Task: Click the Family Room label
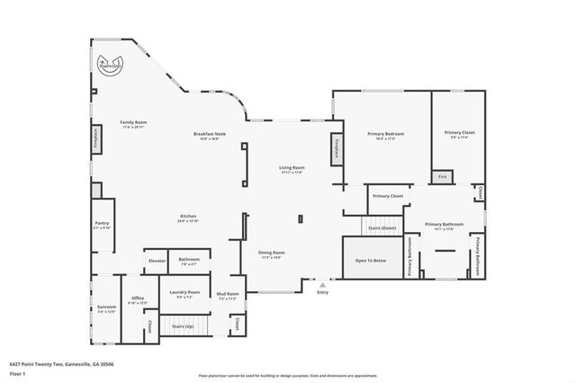pos(134,124)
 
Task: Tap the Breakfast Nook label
pos(210,136)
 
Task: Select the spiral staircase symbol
pos(110,66)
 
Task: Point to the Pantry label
pos(102,225)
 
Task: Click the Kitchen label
pos(188,218)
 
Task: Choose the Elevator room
pos(157,261)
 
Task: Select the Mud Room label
pos(228,296)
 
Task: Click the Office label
pos(138,300)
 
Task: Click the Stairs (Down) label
pos(382,227)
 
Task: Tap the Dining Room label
pos(271,254)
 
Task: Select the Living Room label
pos(292,169)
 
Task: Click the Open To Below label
pos(371,260)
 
